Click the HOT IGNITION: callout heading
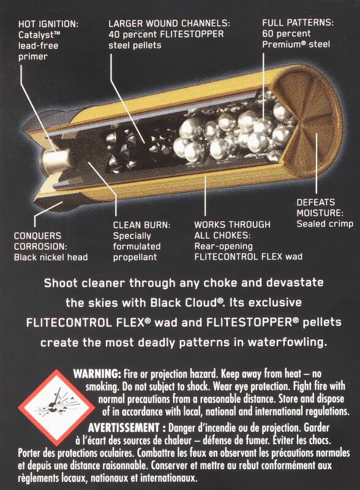pos(48,24)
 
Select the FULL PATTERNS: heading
pos(298,23)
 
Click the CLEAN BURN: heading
pos(141,224)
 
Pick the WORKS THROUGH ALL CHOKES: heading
pos(232,230)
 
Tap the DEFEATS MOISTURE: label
pos(319,207)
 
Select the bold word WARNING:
pos(97,374)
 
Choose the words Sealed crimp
pos(324,224)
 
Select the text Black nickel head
pos(51,257)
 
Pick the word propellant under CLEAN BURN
pos(136,257)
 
